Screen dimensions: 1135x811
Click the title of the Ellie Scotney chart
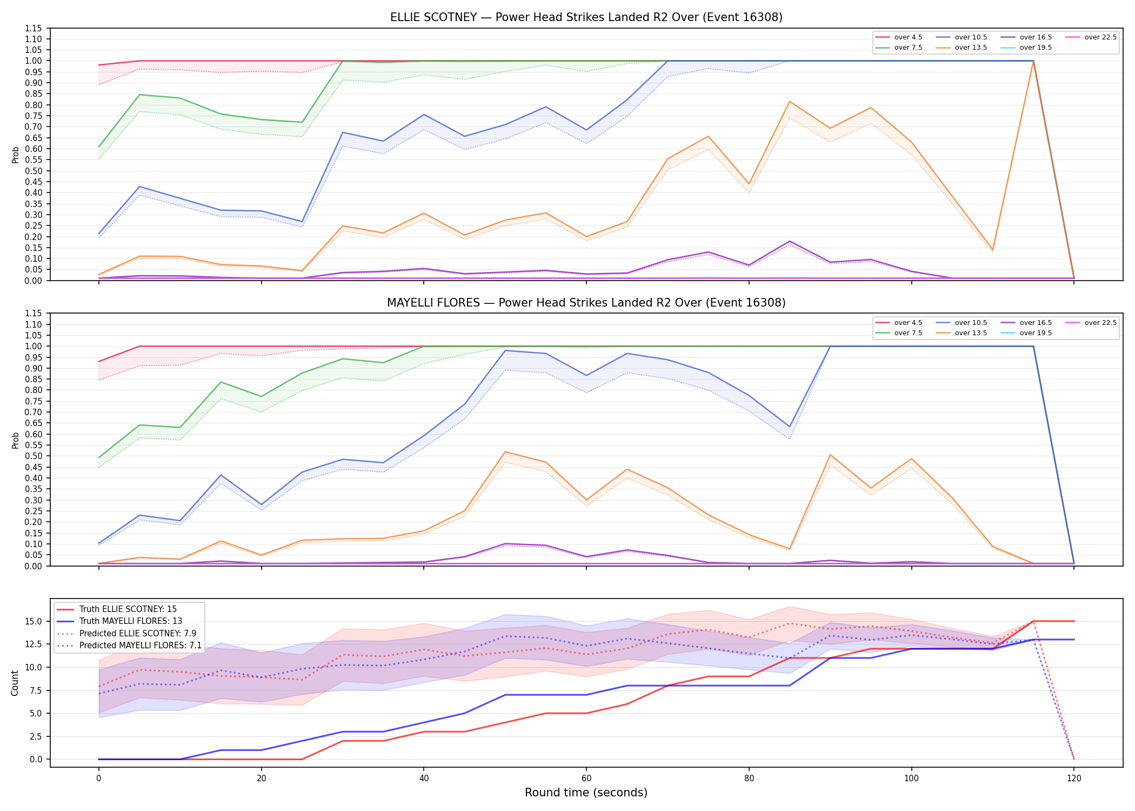pyautogui.click(x=586, y=17)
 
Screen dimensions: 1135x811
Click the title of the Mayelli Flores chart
pyautogui.click(x=586, y=303)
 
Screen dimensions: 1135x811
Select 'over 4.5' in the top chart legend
pyautogui.click(x=908, y=37)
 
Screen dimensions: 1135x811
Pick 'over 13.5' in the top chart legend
pyautogui.click(x=971, y=48)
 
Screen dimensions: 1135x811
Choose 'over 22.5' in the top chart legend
pyautogui.click(x=1100, y=37)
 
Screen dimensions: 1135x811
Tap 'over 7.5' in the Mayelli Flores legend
pyautogui.click(x=908, y=333)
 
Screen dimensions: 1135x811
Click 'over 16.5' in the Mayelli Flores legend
pyautogui.click(x=1036, y=323)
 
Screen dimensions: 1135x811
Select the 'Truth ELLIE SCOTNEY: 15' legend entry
pyautogui.click(x=128, y=609)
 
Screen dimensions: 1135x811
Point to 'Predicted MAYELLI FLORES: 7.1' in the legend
pyautogui.click(x=141, y=646)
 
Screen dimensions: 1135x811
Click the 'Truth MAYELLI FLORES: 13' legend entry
pyautogui.click(x=131, y=621)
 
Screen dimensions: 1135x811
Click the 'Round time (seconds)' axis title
pyautogui.click(x=586, y=793)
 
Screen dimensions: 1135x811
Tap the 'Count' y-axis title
pyautogui.click(x=15, y=683)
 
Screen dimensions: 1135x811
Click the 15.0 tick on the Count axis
pyautogui.click(x=35, y=621)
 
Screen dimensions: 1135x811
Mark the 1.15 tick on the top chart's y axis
pyautogui.click(x=33, y=28)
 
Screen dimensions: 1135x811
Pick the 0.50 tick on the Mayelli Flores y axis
pyautogui.click(x=33, y=456)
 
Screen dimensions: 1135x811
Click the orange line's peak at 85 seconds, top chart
pyautogui.click(x=790, y=102)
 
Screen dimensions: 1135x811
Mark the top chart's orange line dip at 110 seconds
pyautogui.click(x=993, y=250)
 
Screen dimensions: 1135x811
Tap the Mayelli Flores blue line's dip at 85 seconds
pyautogui.click(x=790, y=427)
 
